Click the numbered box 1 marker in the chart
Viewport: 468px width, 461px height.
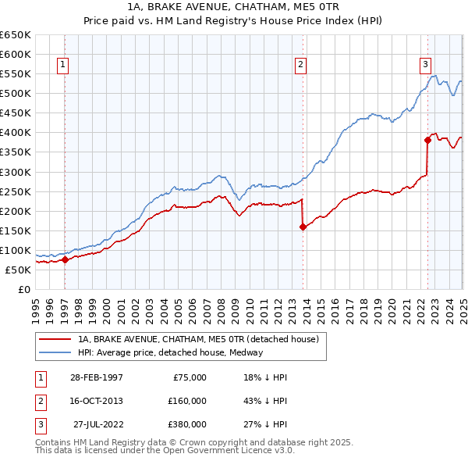pyautogui.click(x=62, y=65)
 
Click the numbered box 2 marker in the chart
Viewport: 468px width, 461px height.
pyautogui.click(x=300, y=65)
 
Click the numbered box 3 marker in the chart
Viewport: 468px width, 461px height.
pyautogui.click(x=425, y=65)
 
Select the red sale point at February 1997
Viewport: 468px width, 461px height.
pyautogui.click(x=66, y=260)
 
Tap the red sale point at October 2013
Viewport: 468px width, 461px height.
pyautogui.click(x=303, y=227)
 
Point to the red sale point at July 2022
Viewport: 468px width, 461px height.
pyautogui.click(x=427, y=141)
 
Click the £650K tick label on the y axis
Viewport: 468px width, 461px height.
pyautogui.click(x=16, y=35)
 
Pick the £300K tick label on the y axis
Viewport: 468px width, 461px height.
pyautogui.click(x=16, y=172)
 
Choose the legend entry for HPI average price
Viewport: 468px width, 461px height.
pyautogui.click(x=169, y=352)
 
